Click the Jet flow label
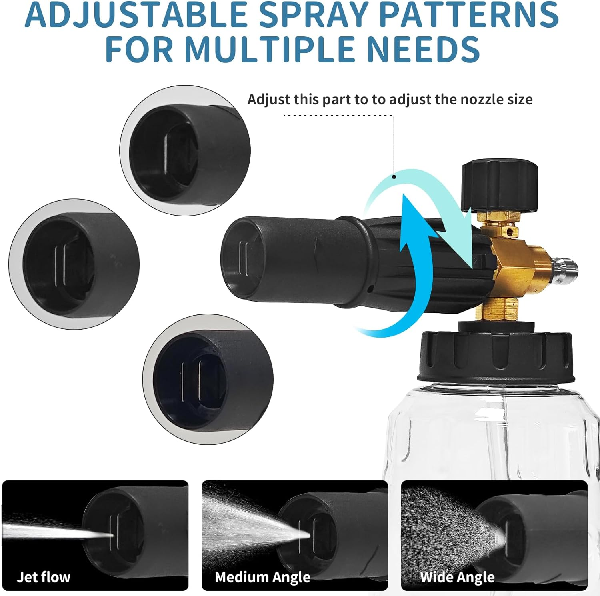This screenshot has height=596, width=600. [44, 577]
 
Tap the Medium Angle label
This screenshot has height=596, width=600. [262, 577]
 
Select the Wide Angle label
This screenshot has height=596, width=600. [457, 577]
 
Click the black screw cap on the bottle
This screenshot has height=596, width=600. [496, 356]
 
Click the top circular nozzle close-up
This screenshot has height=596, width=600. [185, 151]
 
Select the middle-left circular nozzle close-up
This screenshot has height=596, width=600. [74, 264]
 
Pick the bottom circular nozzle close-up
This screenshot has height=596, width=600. [208, 379]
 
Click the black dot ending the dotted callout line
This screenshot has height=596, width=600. [394, 176]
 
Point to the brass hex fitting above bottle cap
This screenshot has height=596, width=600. [496, 310]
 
